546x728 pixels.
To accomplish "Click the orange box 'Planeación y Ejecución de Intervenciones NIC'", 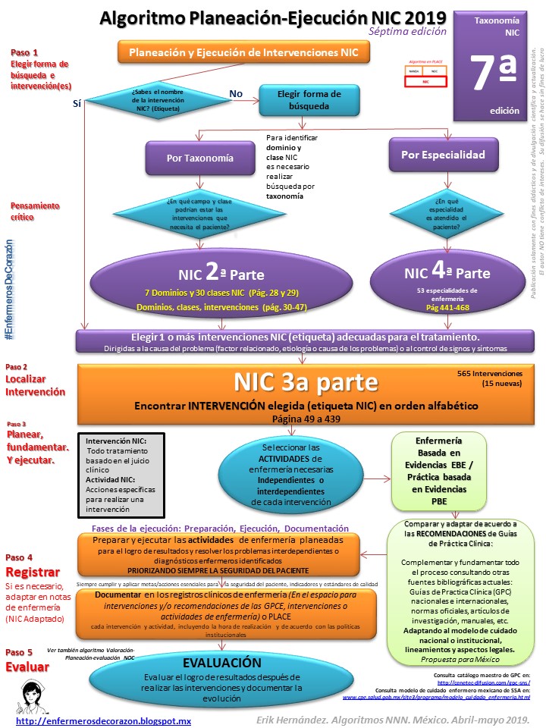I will [x=243, y=52].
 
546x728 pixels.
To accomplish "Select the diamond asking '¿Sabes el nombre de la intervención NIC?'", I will [x=157, y=99].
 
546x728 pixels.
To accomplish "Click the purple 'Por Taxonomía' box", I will [x=199, y=158].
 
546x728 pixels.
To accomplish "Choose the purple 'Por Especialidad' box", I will [x=447, y=154].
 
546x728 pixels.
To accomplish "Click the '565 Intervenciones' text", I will [x=489, y=374].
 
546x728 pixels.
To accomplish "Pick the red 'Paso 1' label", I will [x=25, y=52].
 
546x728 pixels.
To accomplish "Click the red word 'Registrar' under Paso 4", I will [x=31, y=570].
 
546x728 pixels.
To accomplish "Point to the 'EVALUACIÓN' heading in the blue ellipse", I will [x=222, y=662].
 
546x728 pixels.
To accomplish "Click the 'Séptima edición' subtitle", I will [x=406, y=32].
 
